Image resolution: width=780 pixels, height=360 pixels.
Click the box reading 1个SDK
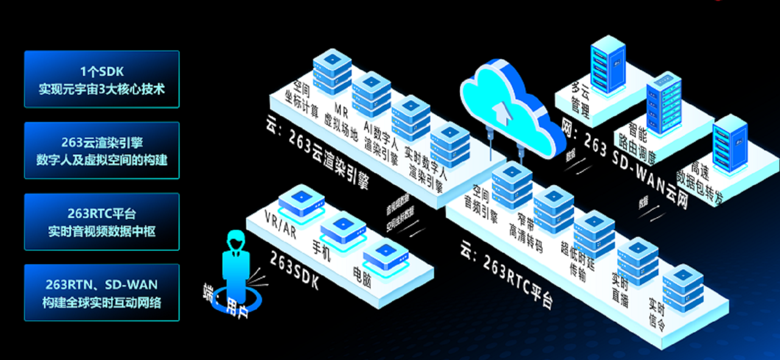(x=102, y=79)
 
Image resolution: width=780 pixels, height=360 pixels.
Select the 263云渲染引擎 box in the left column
(x=102, y=150)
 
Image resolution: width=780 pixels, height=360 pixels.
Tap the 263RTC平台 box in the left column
(x=102, y=222)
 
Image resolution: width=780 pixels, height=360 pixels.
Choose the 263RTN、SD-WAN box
(x=102, y=292)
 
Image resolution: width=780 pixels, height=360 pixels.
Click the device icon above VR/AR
(x=301, y=199)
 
